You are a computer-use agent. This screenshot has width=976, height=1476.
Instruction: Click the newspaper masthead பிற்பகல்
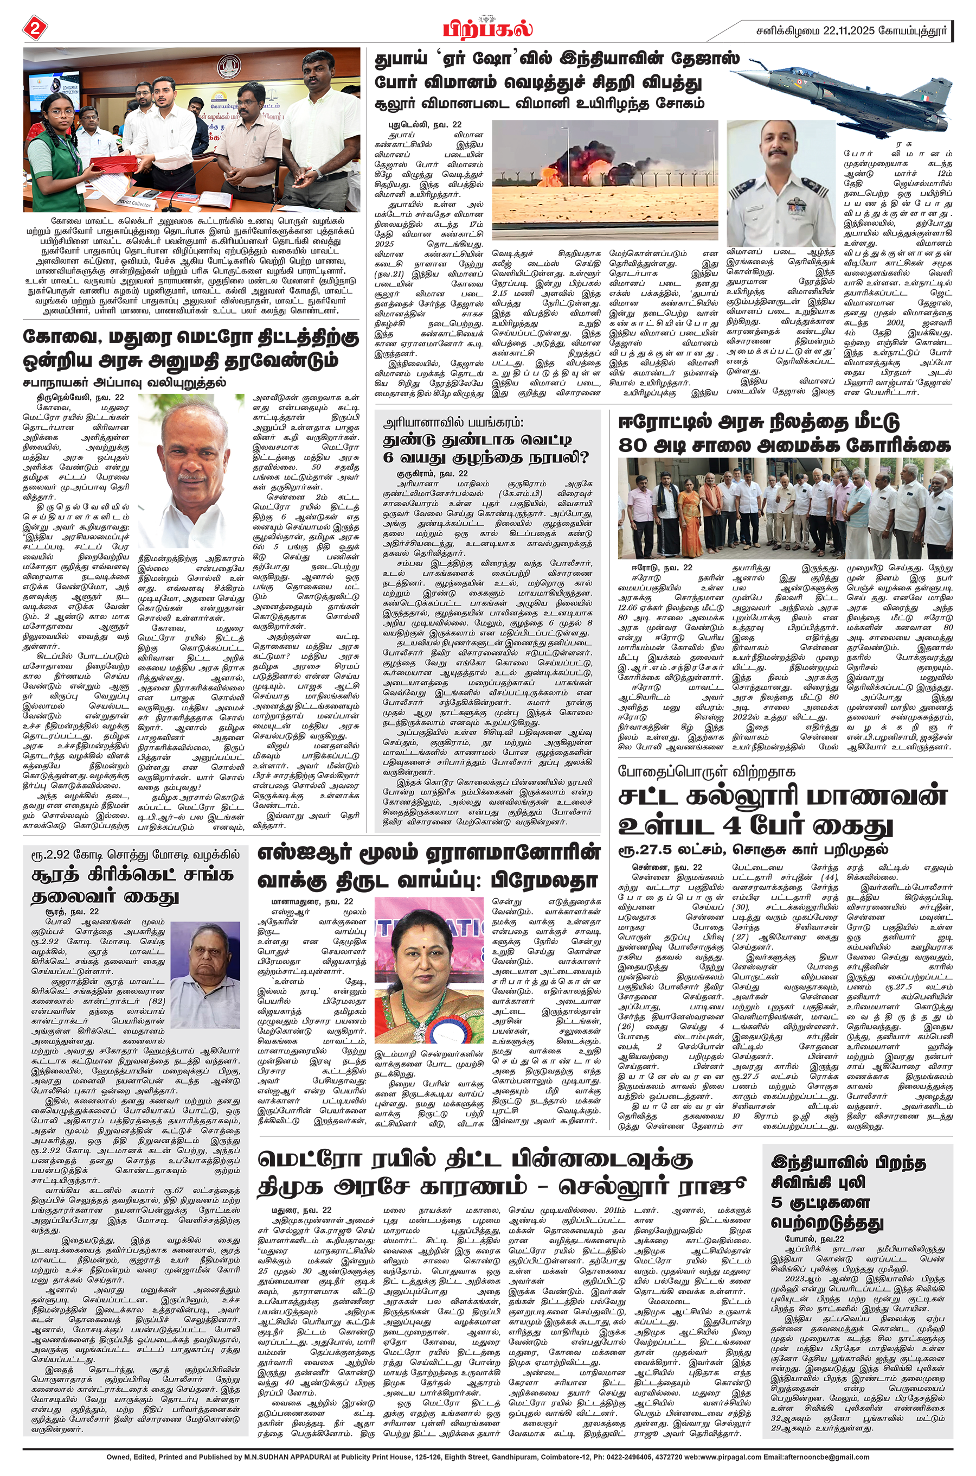487,29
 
